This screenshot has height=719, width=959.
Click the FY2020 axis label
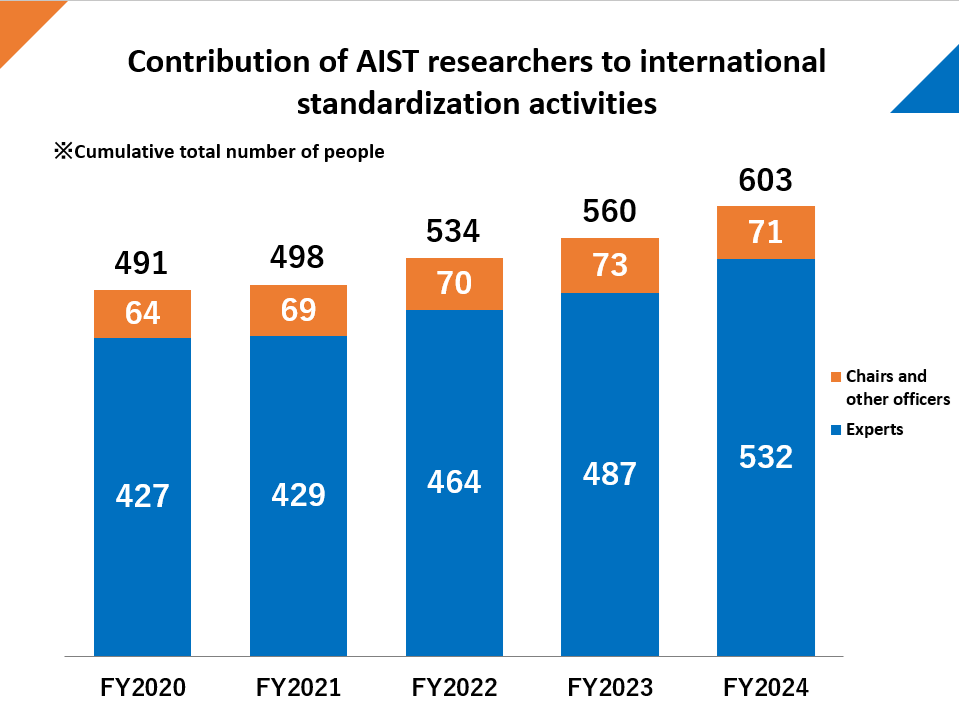(143, 688)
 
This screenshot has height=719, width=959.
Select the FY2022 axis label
(454, 688)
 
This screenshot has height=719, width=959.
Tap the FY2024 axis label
(766, 688)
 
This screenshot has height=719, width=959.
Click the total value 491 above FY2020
(142, 263)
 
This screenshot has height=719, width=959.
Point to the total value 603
(765, 180)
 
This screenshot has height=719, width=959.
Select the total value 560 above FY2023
(609, 212)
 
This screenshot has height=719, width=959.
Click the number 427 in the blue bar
(142, 495)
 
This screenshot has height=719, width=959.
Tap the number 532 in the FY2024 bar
(765, 457)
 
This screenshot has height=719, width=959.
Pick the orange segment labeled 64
(142, 314)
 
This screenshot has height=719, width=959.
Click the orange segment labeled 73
(609, 266)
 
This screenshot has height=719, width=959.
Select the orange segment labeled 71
(765, 233)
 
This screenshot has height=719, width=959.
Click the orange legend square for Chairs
(836, 377)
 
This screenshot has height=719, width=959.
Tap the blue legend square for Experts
(836, 430)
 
